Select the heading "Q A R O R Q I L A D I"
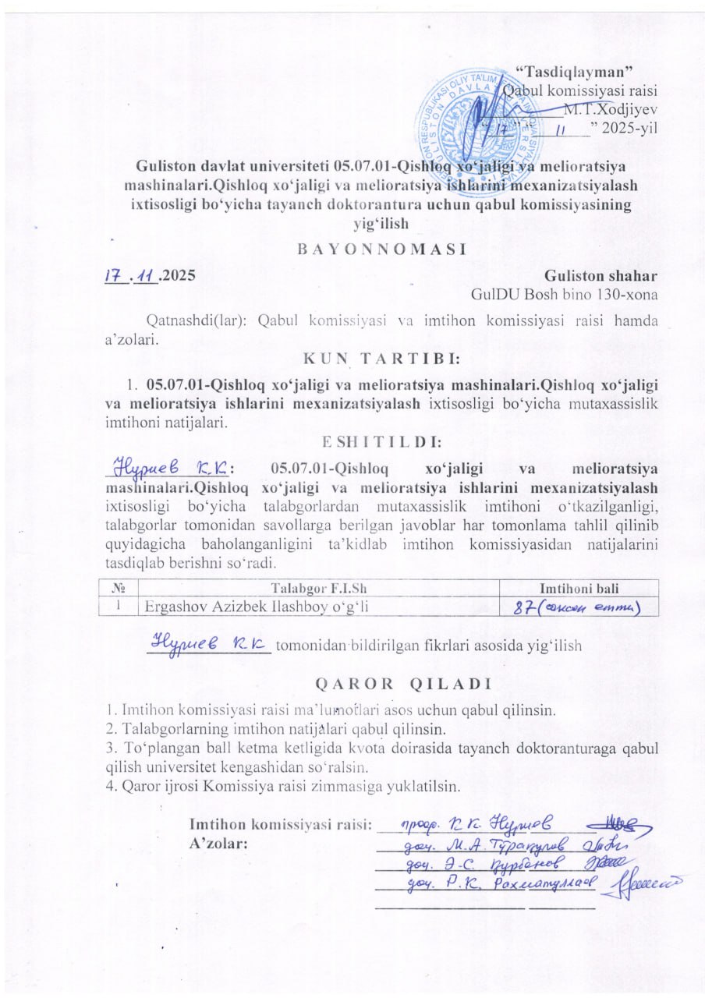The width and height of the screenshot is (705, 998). (402, 685)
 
